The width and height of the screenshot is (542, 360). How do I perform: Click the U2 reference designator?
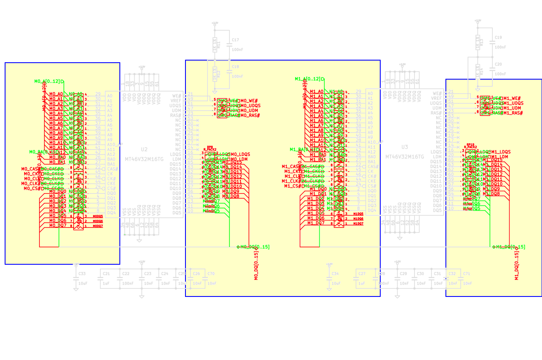(144, 150)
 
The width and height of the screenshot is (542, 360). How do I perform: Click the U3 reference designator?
(405, 147)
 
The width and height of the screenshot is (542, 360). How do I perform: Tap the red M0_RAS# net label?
(250, 115)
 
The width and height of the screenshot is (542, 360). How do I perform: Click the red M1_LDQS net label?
(501, 152)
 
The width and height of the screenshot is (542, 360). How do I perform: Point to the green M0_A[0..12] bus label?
(47, 81)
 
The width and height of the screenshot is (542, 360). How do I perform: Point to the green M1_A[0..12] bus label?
(307, 79)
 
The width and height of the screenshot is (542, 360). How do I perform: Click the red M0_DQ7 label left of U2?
(58, 225)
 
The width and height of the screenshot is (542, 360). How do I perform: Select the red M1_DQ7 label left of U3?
(316, 223)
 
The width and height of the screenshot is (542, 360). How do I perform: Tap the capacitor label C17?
(235, 40)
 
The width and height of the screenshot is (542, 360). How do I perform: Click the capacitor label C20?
(498, 64)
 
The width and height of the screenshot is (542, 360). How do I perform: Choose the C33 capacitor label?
(82, 274)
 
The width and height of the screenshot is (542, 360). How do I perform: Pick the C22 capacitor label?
(126, 274)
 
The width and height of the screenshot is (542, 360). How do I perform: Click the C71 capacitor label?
(467, 274)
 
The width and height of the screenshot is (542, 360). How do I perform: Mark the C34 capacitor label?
(335, 274)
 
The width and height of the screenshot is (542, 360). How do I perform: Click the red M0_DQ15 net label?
(232, 162)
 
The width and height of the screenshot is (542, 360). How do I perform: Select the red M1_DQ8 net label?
(492, 194)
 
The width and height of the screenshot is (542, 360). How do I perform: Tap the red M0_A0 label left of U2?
(56, 94)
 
